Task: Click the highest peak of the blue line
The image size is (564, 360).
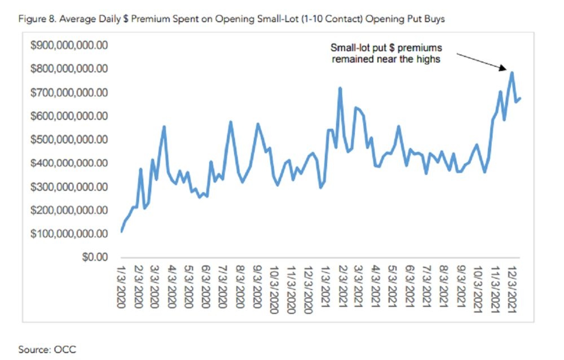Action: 512,72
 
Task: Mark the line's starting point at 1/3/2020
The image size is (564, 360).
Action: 121,231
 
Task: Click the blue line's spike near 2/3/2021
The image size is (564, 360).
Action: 340,88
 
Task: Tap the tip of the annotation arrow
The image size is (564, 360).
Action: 506,70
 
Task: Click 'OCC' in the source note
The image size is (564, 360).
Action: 64,350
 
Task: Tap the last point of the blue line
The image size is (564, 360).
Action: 521,98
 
